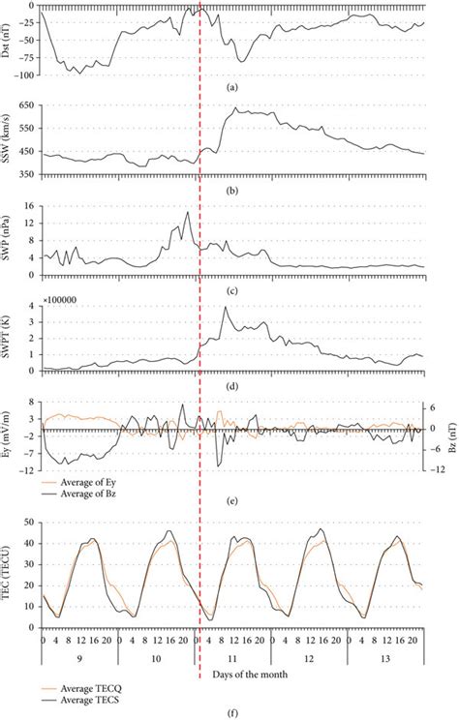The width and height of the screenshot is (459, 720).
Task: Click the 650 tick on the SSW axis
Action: [x=28, y=105]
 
